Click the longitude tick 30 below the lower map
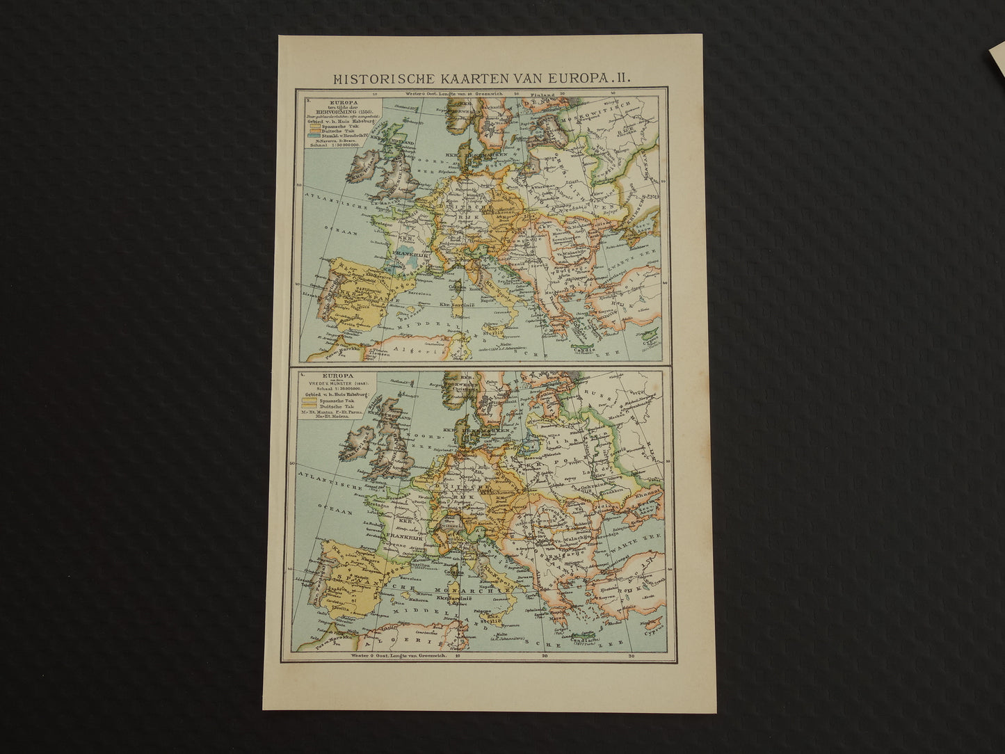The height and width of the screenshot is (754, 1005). pyautogui.click(x=629, y=655)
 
